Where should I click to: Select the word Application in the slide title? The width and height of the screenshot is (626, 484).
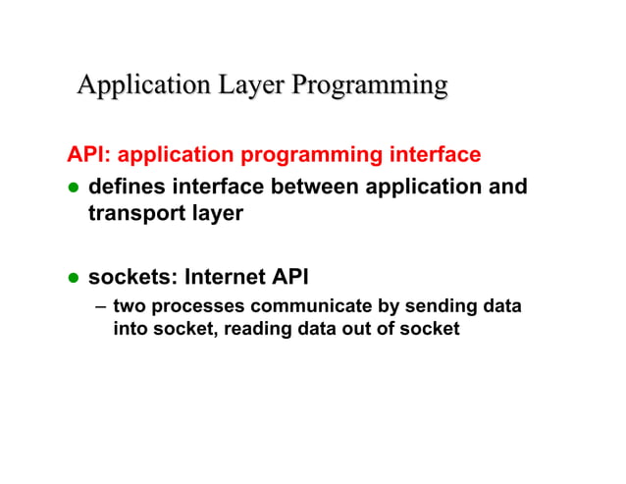(x=142, y=85)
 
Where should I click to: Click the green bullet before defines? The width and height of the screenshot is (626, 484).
(x=72, y=188)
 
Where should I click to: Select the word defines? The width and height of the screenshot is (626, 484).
(x=125, y=187)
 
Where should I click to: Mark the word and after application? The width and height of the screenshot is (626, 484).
(x=507, y=187)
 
